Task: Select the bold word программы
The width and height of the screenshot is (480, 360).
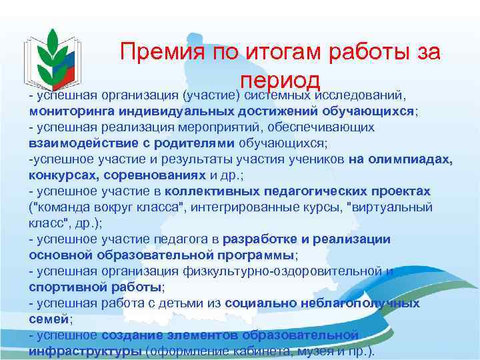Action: click(256, 255)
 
